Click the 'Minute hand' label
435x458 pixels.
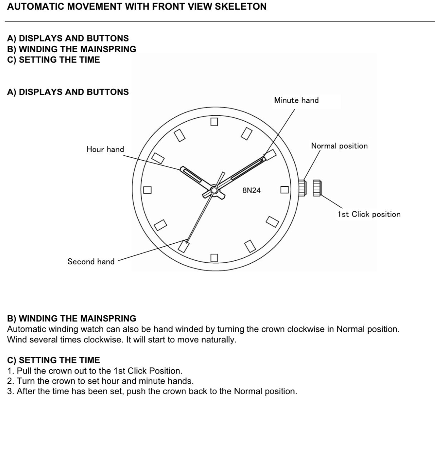(296, 100)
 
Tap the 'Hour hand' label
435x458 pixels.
(105, 149)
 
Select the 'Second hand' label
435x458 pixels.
(91, 262)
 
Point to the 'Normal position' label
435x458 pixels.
(339, 146)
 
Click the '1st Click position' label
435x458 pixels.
(369, 214)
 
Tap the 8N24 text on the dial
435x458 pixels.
(252, 190)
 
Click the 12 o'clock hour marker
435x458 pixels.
(214, 122)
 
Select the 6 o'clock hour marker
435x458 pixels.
(214, 258)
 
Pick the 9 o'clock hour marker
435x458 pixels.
(147, 190)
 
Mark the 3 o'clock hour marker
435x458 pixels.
(284, 190)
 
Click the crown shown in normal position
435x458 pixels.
(302, 188)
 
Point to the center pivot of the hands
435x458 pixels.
(214, 190)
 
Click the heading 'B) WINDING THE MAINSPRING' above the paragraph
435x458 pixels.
(71, 318)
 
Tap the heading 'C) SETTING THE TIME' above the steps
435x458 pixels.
(54, 360)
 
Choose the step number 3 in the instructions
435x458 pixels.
(9, 391)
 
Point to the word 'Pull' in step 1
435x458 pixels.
(24, 370)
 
